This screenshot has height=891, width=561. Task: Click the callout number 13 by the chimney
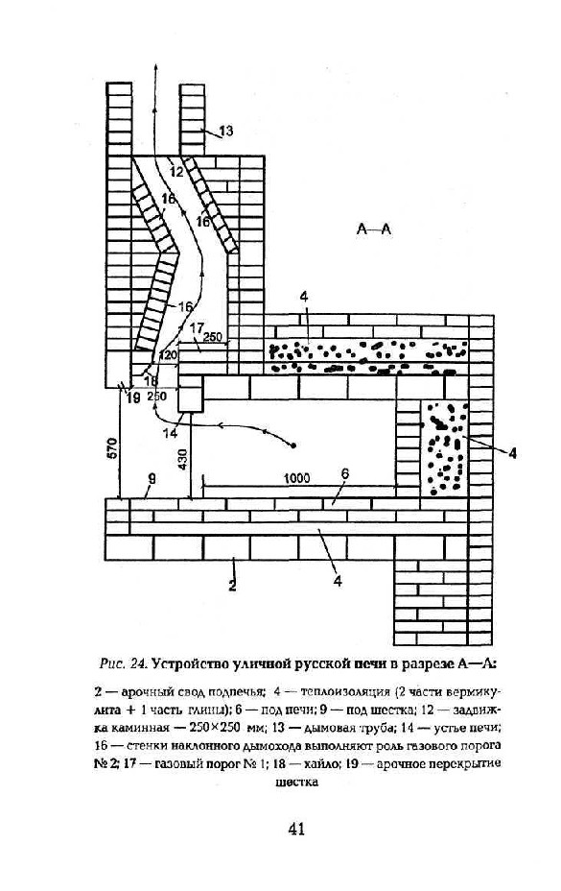(x=225, y=132)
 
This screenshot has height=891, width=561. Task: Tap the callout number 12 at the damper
(x=176, y=169)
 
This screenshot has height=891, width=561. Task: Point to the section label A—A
(x=374, y=229)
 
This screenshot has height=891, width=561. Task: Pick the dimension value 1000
(x=296, y=478)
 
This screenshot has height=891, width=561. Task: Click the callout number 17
(x=197, y=327)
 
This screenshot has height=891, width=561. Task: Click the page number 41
(x=296, y=829)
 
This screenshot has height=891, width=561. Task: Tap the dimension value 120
(x=169, y=355)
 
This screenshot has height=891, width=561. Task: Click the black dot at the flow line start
(x=293, y=445)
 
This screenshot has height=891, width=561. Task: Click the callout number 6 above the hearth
(x=345, y=473)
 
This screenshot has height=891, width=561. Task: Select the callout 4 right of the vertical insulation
(x=512, y=453)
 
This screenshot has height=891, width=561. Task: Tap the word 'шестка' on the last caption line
(x=296, y=782)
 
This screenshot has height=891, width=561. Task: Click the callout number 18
(x=152, y=381)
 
